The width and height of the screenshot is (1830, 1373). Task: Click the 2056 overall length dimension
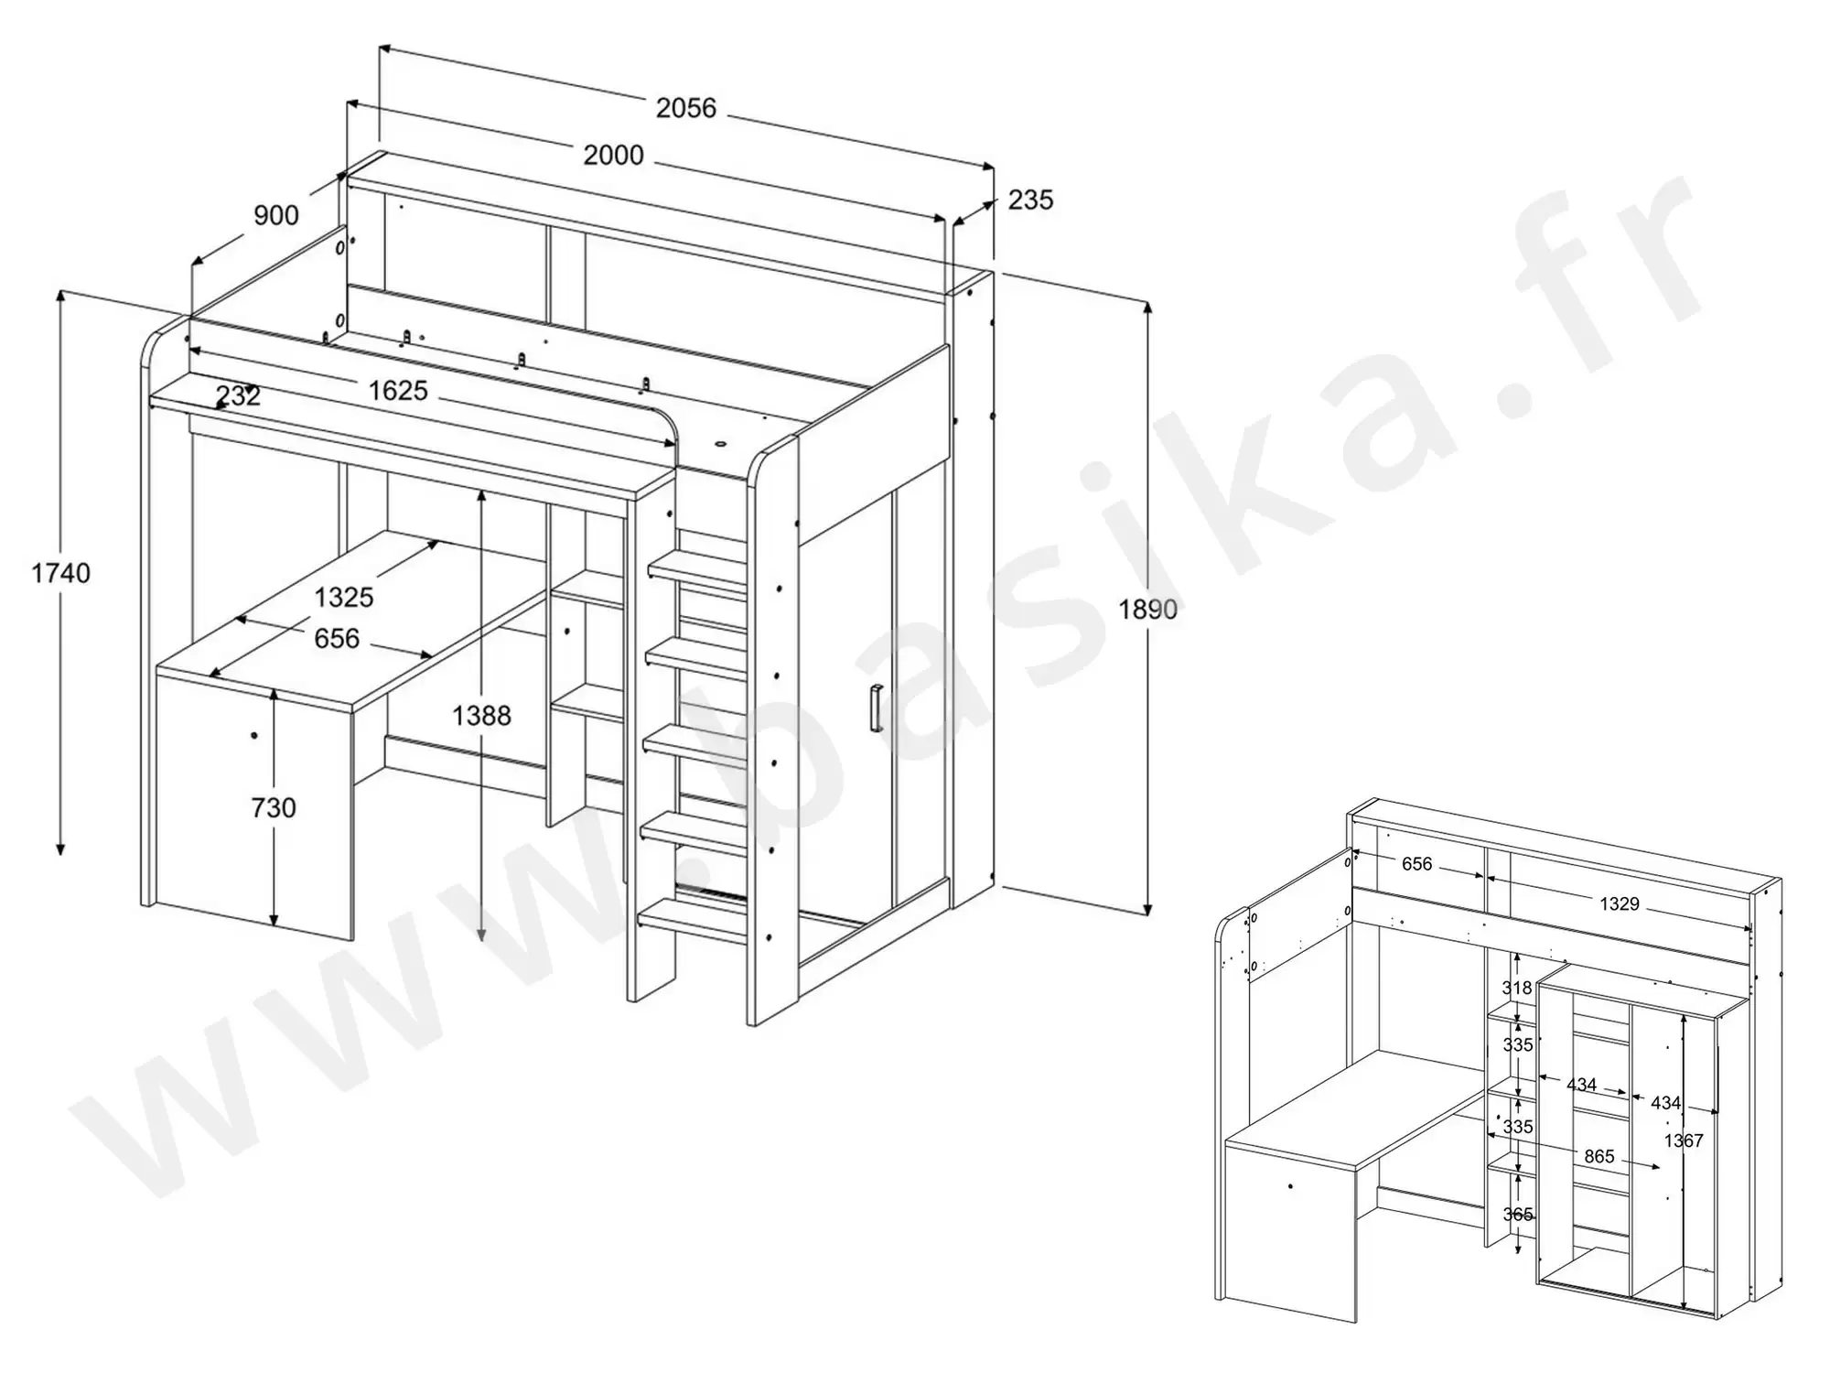(685, 108)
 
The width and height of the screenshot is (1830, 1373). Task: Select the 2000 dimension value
(613, 155)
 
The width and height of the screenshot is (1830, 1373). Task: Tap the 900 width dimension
(275, 215)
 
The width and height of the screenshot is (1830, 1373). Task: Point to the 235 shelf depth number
(1030, 200)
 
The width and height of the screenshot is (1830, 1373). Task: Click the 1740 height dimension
(60, 573)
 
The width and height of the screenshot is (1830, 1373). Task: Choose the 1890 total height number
(1147, 609)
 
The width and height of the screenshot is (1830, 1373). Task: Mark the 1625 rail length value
(398, 391)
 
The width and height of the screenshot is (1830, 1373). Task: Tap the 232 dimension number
(238, 395)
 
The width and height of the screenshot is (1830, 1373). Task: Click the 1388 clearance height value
(481, 715)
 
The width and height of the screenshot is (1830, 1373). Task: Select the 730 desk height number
(274, 807)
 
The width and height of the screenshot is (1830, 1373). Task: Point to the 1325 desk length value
(344, 597)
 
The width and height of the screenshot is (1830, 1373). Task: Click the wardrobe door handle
(875, 708)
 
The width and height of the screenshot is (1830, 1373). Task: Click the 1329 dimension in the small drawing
(1619, 904)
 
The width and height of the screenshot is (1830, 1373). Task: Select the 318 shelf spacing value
(1517, 988)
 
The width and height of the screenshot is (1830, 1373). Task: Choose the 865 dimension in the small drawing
(1599, 1156)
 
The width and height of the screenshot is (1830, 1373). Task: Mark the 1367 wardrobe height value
(1684, 1141)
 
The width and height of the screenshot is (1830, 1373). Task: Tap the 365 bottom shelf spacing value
(1518, 1215)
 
